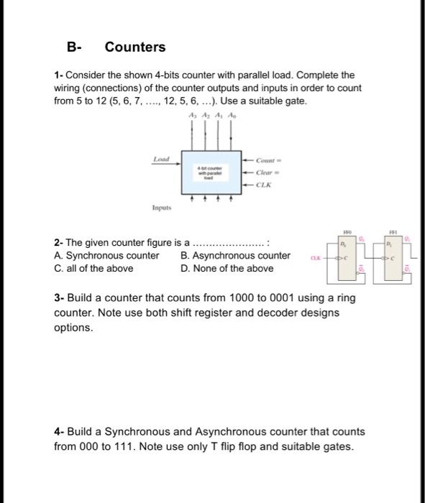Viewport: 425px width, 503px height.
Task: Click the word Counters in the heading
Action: pyautogui.click(x=135, y=47)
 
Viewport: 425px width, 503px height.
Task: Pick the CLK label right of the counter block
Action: pyautogui.click(x=265, y=185)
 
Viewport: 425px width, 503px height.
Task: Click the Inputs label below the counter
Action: pyautogui.click(x=160, y=210)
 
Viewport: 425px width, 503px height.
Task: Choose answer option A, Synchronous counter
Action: pyautogui.click(x=106, y=256)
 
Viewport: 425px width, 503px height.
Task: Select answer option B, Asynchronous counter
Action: pyautogui.click(x=236, y=256)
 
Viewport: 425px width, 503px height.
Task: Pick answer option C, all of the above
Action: pyautogui.click(x=93, y=269)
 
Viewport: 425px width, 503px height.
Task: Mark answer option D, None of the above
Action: pyautogui.click(x=227, y=269)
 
